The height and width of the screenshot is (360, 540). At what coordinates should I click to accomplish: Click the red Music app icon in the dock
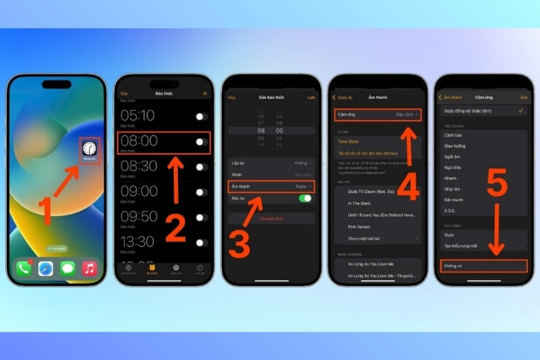pos(89,268)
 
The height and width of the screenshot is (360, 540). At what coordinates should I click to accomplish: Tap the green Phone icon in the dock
pos(24,268)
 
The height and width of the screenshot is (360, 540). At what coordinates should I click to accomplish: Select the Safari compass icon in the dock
pos(46,268)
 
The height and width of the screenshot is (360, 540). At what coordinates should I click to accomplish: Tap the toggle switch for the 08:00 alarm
pos(201,142)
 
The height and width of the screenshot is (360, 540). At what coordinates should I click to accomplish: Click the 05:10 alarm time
pos(138,115)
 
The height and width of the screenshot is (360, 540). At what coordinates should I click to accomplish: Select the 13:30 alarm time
pos(138,241)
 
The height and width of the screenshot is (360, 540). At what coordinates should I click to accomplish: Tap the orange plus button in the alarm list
pos(205,93)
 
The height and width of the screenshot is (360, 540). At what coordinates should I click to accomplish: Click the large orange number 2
pos(175,228)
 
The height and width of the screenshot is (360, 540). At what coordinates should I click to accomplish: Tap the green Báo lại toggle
pos(305,199)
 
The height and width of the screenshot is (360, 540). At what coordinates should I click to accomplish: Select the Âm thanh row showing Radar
pos(271,186)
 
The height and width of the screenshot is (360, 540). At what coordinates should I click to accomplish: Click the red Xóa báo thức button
pos(271,218)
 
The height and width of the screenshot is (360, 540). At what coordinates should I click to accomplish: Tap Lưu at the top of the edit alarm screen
pos(311,98)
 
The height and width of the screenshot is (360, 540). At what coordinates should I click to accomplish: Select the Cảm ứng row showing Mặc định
pos(378,114)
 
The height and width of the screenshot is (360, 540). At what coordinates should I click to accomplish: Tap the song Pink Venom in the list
pos(359,226)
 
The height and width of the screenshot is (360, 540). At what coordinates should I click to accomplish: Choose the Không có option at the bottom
pos(484,265)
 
